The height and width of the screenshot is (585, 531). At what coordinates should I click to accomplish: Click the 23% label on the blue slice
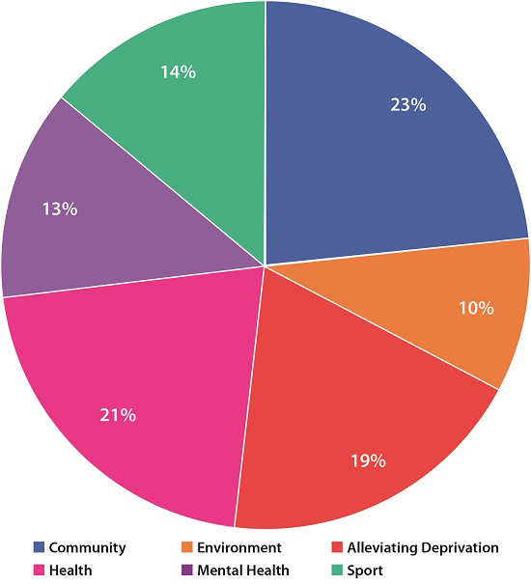coord(407,105)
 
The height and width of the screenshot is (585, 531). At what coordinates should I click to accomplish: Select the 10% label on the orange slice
coord(476,309)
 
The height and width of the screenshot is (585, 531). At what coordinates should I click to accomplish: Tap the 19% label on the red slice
coord(368,460)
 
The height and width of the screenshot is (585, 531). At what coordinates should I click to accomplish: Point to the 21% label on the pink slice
coord(118,415)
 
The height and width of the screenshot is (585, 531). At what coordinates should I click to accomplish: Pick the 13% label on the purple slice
coord(60,209)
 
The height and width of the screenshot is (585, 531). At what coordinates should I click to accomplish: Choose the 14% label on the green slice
coord(179,72)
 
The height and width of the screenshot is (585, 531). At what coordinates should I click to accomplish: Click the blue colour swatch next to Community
coord(39,548)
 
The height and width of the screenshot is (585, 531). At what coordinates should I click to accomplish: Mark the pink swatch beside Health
coord(39,571)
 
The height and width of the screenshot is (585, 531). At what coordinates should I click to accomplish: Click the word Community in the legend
coord(87,548)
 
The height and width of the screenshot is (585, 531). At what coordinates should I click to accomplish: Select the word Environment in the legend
coord(238,548)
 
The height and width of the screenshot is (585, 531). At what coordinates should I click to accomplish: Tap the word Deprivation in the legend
coord(461,548)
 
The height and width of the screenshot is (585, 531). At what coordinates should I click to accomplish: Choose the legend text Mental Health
coord(242,571)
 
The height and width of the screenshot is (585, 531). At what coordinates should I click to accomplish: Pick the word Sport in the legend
coord(365,571)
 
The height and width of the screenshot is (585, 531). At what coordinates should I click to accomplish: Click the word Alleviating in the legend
coord(383,548)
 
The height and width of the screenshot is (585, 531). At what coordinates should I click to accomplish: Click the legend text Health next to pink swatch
coord(70,571)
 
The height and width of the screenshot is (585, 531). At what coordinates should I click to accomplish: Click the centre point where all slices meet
coord(265,265)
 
